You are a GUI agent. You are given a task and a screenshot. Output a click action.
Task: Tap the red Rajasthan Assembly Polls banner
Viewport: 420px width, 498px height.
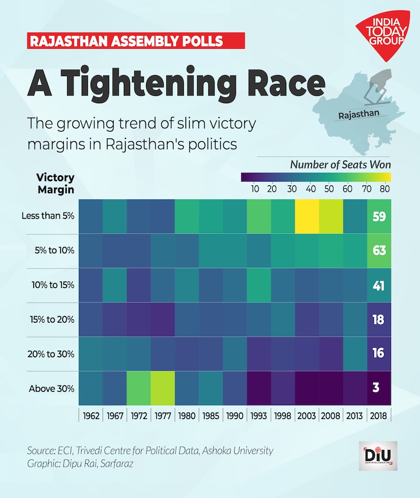coord(136,41)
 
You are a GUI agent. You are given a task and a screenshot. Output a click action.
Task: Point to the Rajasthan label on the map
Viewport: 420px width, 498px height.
coord(359,114)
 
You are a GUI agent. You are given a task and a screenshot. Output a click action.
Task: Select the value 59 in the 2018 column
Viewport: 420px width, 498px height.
coord(379,216)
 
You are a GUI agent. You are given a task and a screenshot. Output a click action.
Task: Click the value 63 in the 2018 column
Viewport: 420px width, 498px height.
coord(379,250)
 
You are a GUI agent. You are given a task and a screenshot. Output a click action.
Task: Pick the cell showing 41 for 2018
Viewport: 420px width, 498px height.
coord(379,285)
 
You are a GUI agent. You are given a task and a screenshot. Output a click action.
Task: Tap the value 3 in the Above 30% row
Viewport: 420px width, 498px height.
coord(379,387)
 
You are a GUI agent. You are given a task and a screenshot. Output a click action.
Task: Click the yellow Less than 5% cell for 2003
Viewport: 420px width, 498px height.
coord(307,216)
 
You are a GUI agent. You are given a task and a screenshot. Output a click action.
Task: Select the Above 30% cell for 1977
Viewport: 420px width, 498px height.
coord(162,387)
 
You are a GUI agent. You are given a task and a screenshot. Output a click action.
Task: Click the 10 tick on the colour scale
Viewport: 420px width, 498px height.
coord(255,188)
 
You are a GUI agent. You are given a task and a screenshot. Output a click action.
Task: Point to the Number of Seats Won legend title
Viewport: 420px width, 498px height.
coord(340,165)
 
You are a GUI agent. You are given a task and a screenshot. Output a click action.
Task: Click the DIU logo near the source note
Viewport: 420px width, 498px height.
coord(377,455)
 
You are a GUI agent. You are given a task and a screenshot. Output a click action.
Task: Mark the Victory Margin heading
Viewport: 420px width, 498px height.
coord(55,183)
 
